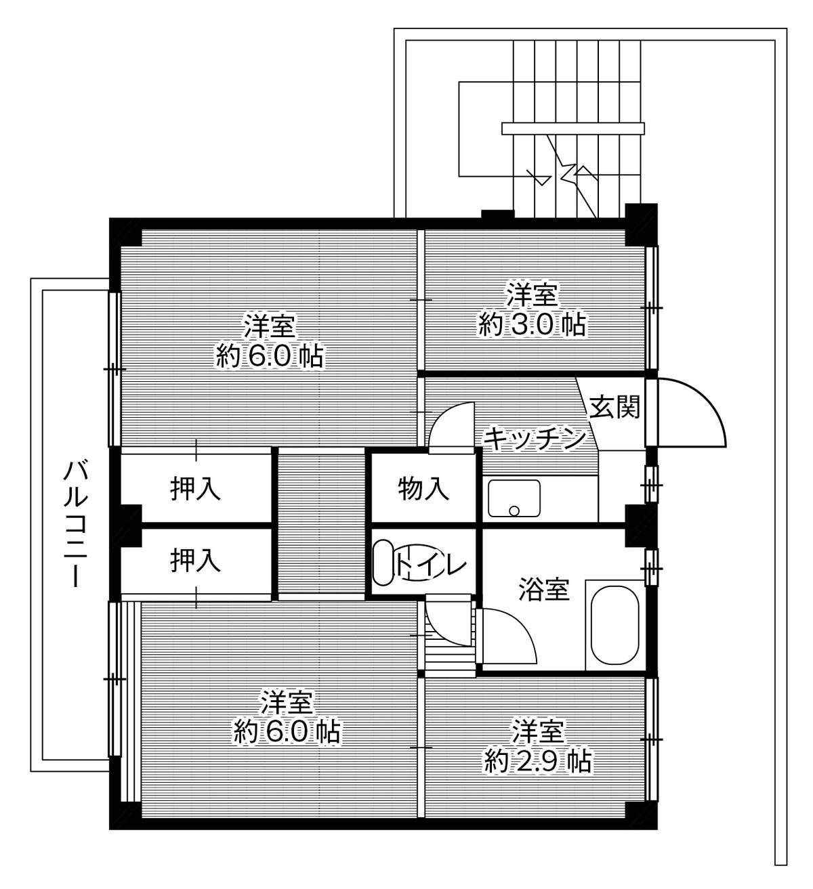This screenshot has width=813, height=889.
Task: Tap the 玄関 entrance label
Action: coord(614,408)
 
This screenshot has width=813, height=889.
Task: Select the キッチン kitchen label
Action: coord(534,439)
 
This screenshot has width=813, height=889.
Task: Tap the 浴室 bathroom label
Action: coord(543,589)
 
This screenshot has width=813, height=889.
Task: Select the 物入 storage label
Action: coord(423,488)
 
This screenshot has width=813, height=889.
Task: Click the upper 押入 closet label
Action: coord(195,489)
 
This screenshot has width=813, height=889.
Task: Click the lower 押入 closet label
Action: coord(195,561)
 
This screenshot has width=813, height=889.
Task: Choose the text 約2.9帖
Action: coord(537,762)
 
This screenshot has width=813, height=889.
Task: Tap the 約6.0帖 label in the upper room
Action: coord(269,355)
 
